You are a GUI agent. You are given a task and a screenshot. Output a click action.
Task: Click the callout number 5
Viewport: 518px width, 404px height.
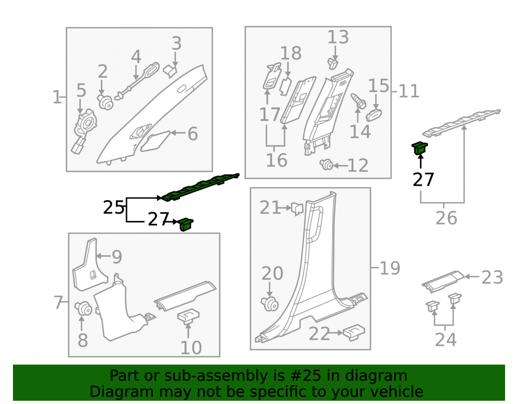[x=81, y=91]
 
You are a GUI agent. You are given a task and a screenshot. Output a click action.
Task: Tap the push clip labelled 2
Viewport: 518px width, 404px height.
[x=105, y=101]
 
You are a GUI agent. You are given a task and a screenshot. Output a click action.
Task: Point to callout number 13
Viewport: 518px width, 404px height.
[x=338, y=37]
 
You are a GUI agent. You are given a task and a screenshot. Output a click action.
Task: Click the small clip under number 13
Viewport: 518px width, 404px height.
[x=333, y=63]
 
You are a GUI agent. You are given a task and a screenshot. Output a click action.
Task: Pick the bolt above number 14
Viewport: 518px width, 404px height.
[x=358, y=101]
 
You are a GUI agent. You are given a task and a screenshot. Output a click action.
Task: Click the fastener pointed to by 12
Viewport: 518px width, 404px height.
[x=326, y=164]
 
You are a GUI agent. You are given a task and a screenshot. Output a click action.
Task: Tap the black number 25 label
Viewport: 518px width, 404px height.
[x=113, y=207]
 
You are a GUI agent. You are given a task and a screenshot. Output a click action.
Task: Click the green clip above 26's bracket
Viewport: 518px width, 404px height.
[x=420, y=148]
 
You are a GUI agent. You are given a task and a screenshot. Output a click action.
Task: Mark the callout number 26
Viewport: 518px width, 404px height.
[x=447, y=218]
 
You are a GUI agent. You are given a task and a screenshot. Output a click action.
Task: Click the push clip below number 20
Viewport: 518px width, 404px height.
[x=270, y=304]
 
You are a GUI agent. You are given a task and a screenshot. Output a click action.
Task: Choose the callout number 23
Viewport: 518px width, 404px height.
[x=492, y=277]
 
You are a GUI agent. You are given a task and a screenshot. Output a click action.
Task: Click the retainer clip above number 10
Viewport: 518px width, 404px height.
[x=189, y=316]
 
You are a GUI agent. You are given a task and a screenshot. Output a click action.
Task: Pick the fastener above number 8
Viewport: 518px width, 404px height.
[x=83, y=308]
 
